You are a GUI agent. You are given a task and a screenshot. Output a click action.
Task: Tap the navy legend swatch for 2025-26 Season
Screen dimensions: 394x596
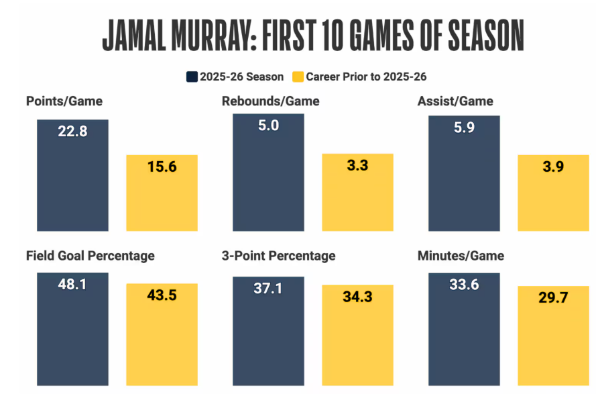[192, 77]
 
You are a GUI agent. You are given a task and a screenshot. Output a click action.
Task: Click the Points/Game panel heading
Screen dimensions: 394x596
[64, 102]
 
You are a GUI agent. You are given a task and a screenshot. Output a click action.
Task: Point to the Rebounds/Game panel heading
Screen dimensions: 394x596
[270, 102]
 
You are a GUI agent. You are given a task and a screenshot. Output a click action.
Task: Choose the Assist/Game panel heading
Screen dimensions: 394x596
[455, 102]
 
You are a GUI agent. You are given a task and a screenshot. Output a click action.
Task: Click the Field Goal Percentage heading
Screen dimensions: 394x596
[91, 256]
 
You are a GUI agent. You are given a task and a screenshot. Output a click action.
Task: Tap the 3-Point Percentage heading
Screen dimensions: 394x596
[278, 256]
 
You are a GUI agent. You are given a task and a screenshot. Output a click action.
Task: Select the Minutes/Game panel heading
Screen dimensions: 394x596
[461, 256]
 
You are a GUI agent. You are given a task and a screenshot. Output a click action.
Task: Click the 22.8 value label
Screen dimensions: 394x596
[72, 132]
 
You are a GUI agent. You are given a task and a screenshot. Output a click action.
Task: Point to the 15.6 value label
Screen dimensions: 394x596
[162, 167]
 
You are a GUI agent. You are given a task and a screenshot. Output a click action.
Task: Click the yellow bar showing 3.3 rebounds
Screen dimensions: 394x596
[357, 195]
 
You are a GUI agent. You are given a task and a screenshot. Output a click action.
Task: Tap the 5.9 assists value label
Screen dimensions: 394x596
[464, 128]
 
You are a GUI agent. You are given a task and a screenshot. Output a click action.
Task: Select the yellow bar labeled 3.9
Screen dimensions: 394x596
[553, 195]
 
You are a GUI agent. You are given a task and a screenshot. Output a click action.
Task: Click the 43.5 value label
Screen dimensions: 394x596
[162, 295]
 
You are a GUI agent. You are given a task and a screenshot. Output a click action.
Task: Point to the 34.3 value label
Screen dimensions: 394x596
[357, 297]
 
